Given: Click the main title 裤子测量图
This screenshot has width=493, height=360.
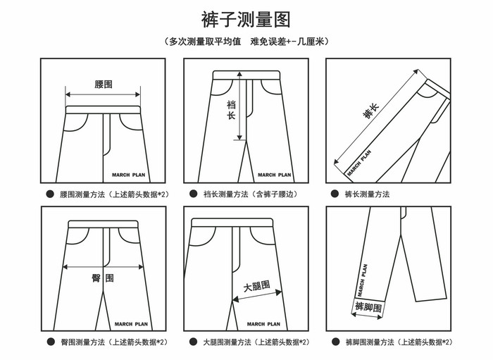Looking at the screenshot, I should click(245, 18).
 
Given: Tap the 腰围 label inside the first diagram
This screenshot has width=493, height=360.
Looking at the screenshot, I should click(104, 84).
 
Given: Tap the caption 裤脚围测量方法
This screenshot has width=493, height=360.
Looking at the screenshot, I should click(398, 342).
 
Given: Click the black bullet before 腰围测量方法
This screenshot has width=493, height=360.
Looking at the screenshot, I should click(50, 194).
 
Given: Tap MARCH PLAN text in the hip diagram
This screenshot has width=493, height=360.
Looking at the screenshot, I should click(132, 324).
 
